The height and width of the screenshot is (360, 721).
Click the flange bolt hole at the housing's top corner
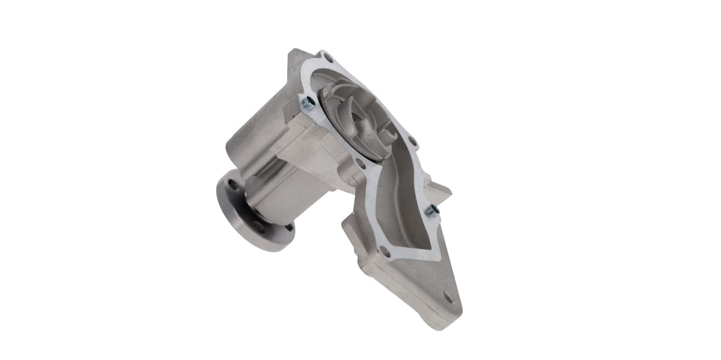click(327, 58)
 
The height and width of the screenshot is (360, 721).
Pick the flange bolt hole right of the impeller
click(413, 142)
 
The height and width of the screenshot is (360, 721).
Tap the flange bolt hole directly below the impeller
click(360, 163)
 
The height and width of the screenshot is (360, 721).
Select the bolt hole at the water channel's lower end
click(385, 252)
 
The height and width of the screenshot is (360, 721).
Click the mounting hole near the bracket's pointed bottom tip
click(447, 297)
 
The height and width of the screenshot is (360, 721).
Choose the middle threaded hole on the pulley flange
click(257, 227)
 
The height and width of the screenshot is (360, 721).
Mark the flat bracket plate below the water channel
click(421, 282)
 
